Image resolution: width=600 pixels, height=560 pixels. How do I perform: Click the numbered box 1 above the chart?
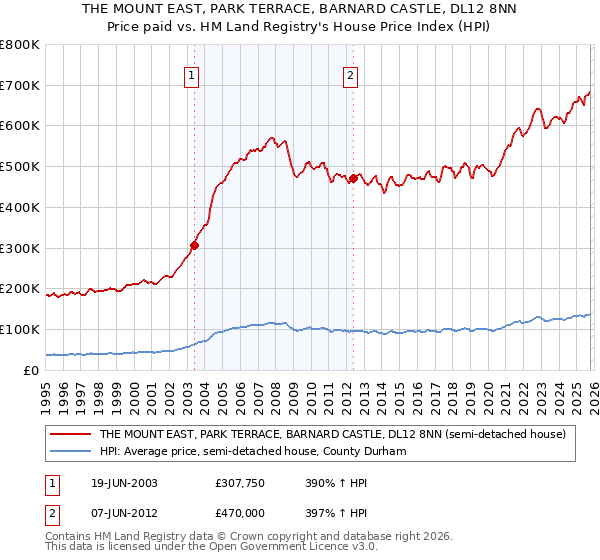pyautogui.click(x=191, y=73)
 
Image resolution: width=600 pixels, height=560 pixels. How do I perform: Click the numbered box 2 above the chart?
pyautogui.click(x=351, y=73)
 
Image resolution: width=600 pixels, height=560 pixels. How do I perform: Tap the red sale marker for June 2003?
pyautogui.click(x=195, y=244)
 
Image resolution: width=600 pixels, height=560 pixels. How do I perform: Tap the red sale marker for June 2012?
pyautogui.click(x=353, y=178)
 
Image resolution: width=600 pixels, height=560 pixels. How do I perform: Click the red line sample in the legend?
pyautogui.click(x=71, y=434)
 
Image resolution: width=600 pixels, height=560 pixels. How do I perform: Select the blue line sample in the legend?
pyautogui.click(x=71, y=452)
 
